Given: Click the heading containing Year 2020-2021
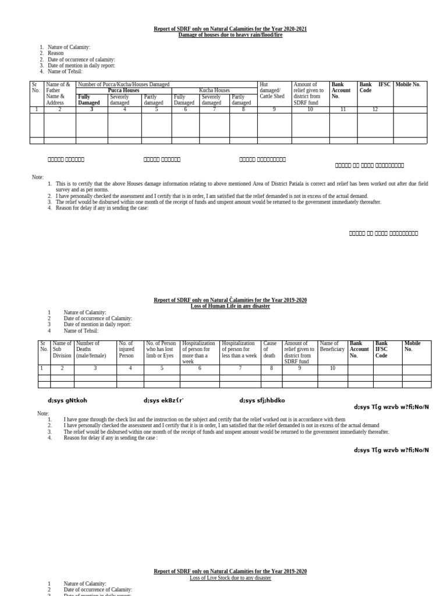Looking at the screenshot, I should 230,29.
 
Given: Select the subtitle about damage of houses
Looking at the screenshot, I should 230,35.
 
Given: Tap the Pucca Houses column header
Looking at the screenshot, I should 123,91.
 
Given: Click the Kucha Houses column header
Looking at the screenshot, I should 214,91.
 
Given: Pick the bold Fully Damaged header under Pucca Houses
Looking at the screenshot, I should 89,100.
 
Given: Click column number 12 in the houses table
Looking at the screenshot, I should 375,109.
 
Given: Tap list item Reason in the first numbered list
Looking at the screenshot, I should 56,54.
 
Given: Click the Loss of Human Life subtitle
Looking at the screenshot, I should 230,306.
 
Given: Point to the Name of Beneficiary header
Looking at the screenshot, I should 332,347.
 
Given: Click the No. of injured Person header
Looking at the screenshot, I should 130,349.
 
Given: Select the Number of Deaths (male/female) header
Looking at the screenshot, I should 95,349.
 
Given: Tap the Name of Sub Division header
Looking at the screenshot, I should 62,349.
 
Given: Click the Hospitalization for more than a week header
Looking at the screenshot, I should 199,352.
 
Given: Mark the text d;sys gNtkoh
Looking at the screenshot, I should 67,400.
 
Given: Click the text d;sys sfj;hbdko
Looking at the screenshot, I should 262,400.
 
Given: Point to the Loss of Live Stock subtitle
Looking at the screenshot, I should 230,578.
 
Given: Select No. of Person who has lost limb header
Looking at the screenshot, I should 162,349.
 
